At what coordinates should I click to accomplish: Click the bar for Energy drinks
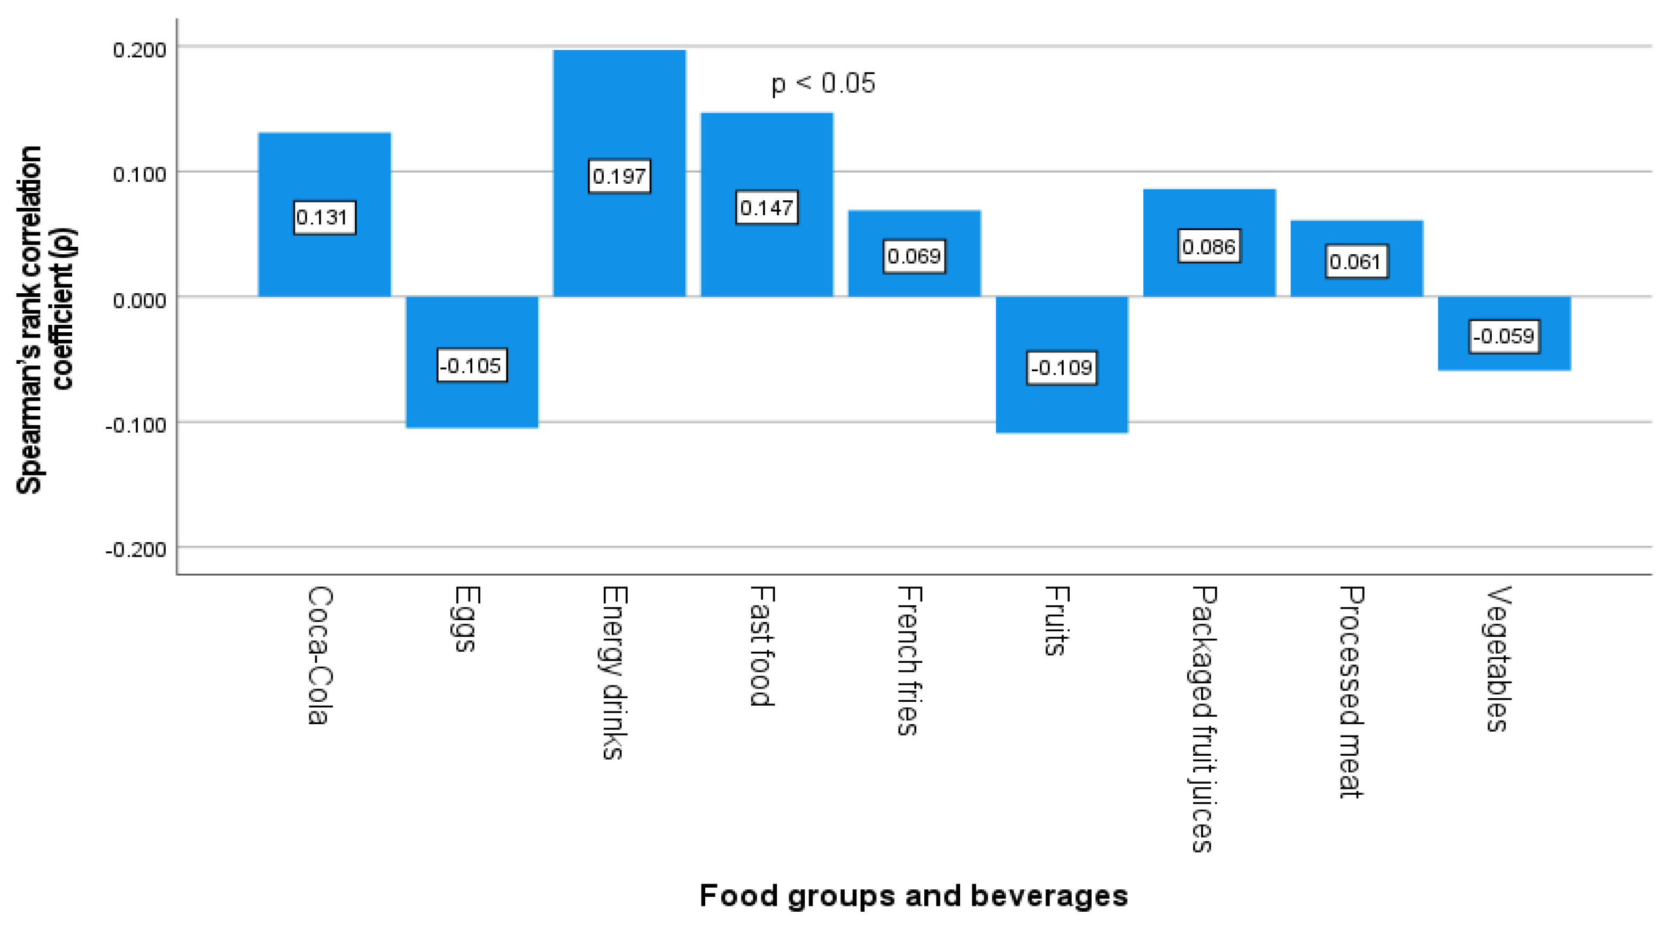619,173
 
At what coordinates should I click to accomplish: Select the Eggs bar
472,362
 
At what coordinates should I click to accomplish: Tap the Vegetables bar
1504,333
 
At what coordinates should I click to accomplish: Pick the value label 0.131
324,217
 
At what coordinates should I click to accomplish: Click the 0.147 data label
767,208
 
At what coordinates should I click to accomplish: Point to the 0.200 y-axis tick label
140,50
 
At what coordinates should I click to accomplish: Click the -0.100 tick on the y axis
136,425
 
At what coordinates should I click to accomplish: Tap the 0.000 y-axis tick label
140,301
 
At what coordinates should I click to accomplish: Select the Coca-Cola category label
320,655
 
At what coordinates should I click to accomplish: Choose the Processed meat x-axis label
1352,692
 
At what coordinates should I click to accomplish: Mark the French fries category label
910,661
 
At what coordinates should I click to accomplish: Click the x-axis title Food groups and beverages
914,896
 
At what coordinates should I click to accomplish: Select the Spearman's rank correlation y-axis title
45,319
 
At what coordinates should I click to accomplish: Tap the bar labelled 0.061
1357,259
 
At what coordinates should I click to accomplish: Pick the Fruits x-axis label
1057,621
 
